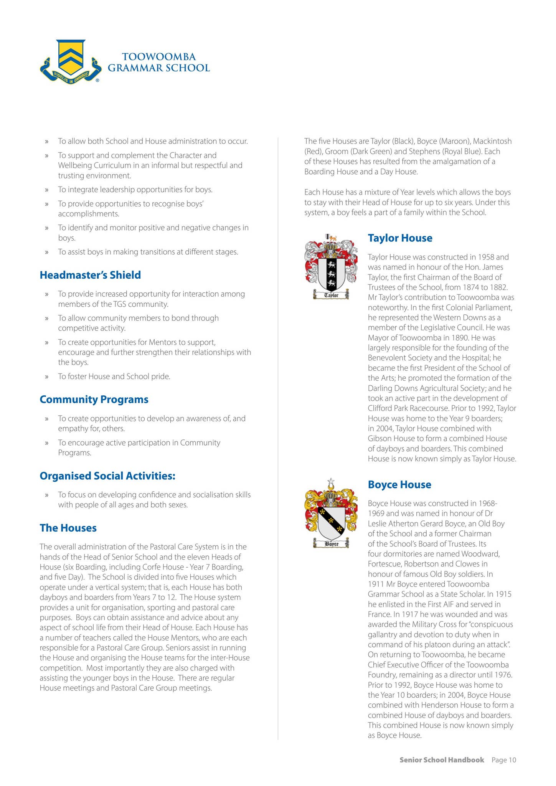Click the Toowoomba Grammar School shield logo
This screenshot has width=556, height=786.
(x=71, y=61)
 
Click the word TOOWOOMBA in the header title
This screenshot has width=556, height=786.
(x=159, y=57)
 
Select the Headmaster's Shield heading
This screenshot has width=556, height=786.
(x=90, y=275)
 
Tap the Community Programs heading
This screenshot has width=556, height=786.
(x=94, y=399)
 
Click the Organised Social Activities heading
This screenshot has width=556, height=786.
(x=107, y=476)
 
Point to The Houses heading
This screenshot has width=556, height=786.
(x=68, y=528)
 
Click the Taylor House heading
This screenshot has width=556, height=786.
(x=400, y=238)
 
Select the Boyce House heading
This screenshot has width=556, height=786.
(x=399, y=484)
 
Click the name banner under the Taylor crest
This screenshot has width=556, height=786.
(x=331, y=295)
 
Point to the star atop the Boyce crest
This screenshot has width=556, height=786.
(x=331, y=482)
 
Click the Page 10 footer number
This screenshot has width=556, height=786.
(x=504, y=760)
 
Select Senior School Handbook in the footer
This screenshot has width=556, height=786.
(x=442, y=760)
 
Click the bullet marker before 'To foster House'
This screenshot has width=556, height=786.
(x=47, y=376)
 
